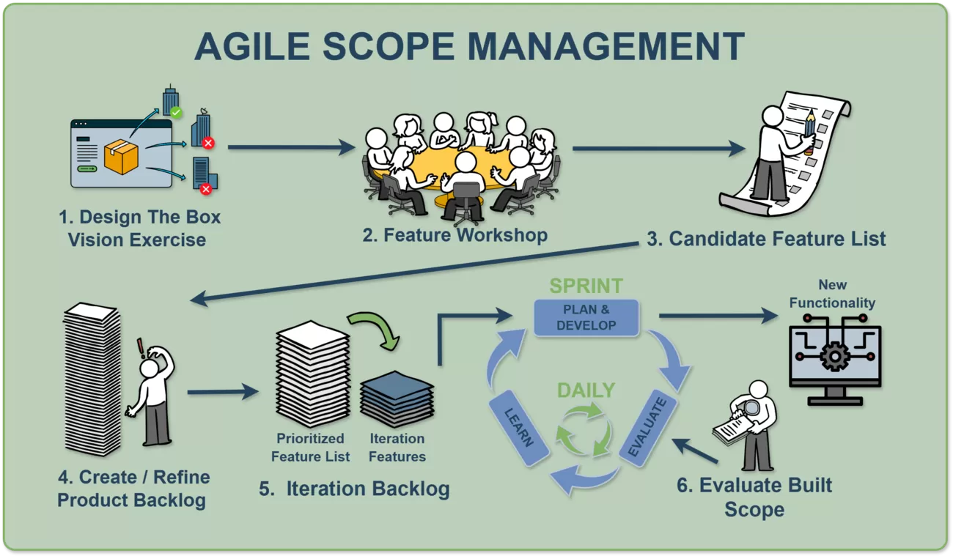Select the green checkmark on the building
click(x=176, y=113)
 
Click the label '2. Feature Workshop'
click(x=455, y=235)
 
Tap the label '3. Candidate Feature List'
click(x=766, y=239)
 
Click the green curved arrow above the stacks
click(x=374, y=327)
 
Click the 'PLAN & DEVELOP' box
click(x=586, y=316)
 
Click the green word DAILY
click(x=586, y=390)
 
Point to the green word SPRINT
click(x=586, y=286)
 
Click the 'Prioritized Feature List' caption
click(x=310, y=448)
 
